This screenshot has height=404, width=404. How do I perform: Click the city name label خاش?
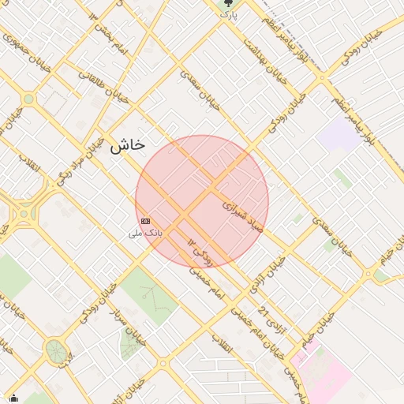(127, 145)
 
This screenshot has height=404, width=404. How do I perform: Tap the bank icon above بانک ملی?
(145, 221)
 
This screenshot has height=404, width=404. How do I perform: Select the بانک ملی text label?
(145, 234)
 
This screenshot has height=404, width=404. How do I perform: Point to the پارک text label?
(229, 14)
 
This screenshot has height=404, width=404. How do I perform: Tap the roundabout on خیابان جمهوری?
(29, 99)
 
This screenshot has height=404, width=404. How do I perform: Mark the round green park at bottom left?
(55, 351)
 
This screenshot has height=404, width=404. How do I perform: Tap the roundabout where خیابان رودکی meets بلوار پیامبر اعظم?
(321, 78)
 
